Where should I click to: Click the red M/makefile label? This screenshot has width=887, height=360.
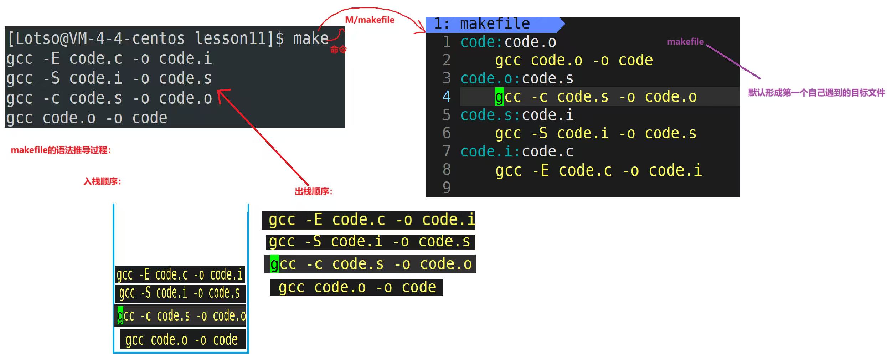(x=370, y=20)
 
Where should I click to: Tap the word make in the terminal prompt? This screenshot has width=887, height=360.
(x=310, y=38)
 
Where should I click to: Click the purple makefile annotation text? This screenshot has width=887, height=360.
(x=685, y=42)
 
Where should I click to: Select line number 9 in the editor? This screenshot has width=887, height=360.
(x=447, y=188)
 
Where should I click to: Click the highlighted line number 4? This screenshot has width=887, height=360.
(x=447, y=97)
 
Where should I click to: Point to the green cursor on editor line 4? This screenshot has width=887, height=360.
(x=499, y=97)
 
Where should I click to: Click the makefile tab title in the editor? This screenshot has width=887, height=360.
(x=495, y=24)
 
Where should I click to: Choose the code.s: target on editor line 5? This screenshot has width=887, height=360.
(x=490, y=115)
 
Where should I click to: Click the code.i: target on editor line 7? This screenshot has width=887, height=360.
(x=490, y=152)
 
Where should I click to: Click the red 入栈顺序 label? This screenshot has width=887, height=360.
(x=102, y=182)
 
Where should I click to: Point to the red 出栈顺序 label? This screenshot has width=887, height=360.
(x=313, y=192)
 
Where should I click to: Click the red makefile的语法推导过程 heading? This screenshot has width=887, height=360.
(x=61, y=150)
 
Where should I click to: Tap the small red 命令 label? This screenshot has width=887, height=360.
(x=338, y=50)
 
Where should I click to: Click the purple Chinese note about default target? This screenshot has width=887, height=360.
(x=816, y=93)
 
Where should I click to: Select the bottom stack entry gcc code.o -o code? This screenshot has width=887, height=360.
(x=182, y=340)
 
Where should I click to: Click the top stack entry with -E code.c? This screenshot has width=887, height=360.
(x=180, y=274)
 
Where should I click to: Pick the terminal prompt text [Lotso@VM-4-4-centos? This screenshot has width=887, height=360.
(x=96, y=38)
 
